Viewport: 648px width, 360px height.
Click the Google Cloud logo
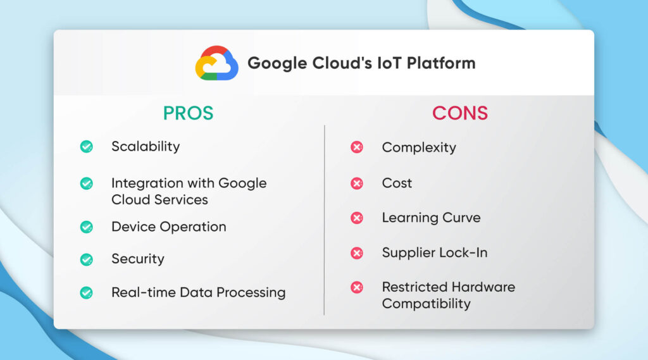216,63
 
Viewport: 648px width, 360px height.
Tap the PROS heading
188,113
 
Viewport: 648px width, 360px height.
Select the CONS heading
460,113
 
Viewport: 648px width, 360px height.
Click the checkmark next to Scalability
87,147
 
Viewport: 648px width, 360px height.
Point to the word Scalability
146,146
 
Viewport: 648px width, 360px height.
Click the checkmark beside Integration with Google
87,183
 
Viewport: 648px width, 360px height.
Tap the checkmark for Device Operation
87,227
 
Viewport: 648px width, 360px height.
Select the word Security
137,259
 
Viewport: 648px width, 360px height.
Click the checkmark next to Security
87,259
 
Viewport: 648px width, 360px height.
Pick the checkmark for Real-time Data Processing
87,293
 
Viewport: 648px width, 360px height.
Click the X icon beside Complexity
357,148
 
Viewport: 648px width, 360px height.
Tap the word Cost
397,183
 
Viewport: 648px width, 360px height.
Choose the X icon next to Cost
357,183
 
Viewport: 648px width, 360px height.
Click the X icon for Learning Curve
357,218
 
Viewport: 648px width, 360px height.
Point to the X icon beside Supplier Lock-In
357,253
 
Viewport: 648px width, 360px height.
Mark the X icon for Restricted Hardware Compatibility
357,288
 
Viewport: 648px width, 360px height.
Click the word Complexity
418,148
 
